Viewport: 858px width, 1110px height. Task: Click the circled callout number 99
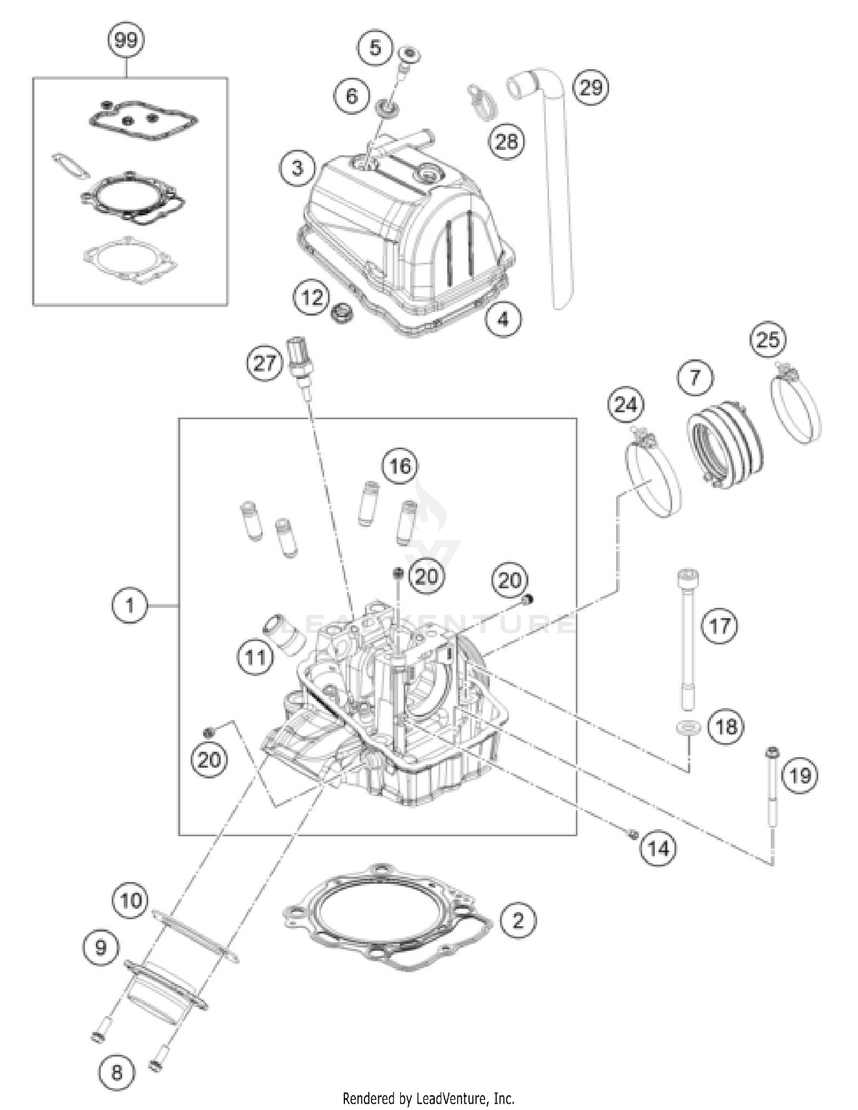tap(126, 40)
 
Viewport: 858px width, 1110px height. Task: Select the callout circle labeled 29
tap(591, 88)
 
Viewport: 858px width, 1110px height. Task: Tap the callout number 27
tap(264, 363)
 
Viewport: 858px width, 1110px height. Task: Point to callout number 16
tap(400, 465)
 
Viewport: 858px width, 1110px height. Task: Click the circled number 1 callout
tap(129, 605)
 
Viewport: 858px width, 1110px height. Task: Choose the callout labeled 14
tap(658, 848)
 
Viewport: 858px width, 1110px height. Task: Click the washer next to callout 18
tap(688, 728)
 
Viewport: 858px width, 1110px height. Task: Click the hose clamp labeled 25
tap(795, 404)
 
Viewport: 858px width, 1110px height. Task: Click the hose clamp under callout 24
tap(652, 475)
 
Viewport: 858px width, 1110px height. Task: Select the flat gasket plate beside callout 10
tap(194, 938)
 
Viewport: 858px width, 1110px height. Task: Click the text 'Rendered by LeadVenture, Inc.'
tap(428, 1098)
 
